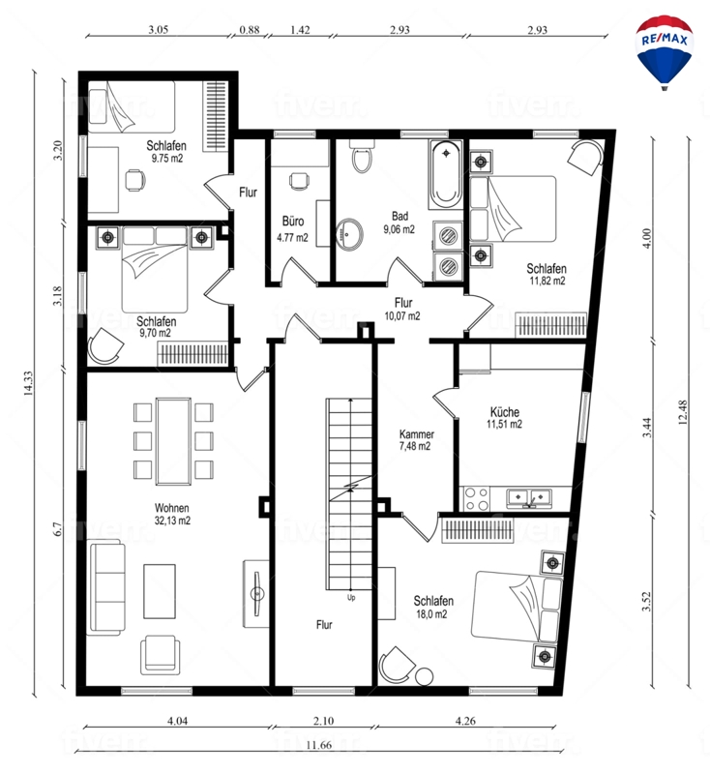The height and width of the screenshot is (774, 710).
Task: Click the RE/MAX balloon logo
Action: pos(665,52)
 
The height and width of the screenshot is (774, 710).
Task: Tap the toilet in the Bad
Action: pos(362,156)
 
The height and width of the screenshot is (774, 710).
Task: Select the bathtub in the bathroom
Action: pos(446,174)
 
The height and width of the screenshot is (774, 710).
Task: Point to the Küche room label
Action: pos(505,412)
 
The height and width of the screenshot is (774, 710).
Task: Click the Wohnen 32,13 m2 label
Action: pos(172,514)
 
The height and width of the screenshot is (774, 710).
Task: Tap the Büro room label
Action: pos(293,221)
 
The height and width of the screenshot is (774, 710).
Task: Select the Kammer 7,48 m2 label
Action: pos(417,440)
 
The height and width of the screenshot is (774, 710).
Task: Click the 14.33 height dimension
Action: pos(28,383)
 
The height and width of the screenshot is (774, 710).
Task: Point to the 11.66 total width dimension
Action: pos(319,745)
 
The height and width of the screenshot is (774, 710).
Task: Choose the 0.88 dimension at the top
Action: pos(250,30)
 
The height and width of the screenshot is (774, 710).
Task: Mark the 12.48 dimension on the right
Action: pos(682,413)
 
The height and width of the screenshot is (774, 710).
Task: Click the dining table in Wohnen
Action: pos(173,441)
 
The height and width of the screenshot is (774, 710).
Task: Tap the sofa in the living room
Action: pos(105,587)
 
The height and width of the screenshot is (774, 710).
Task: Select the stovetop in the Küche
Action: pos(477,498)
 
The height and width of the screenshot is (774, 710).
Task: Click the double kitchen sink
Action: pos(529,497)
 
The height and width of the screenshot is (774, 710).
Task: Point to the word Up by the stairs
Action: pos(351,598)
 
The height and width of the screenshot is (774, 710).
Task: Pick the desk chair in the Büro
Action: pos(300,181)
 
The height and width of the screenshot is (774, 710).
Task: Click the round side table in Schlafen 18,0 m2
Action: pos(424,675)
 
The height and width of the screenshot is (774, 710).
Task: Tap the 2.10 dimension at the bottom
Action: pos(323,721)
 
